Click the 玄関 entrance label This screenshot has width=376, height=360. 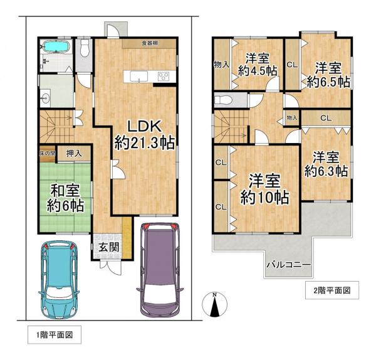[x=108, y=247]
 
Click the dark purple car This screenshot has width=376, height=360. [x=160, y=270]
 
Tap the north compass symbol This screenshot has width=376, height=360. [x=214, y=305]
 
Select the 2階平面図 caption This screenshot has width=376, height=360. [x=332, y=290]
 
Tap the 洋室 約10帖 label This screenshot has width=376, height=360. [x=265, y=188]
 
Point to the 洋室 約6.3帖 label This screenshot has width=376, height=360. [x=326, y=163]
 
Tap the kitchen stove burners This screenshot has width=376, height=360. [x=164, y=77]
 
